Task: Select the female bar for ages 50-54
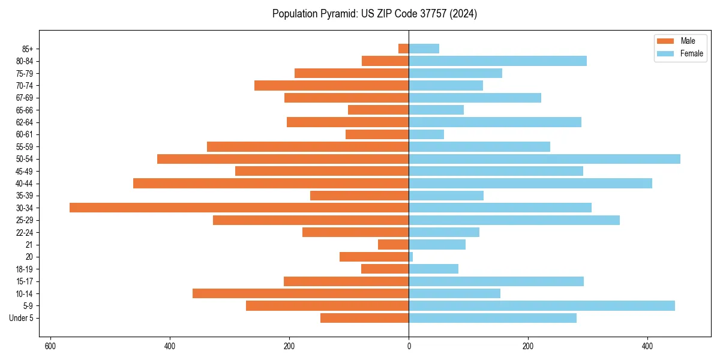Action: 544,159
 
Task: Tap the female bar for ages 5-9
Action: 542,306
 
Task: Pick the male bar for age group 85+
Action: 404,49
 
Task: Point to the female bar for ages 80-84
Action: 497,61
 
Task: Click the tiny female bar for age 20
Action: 411,257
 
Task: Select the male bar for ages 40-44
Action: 271,184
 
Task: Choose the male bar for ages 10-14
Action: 301,293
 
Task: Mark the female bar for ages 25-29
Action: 514,220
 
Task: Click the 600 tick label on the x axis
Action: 50,346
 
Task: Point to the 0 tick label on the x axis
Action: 409,346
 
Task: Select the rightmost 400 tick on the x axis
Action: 647,346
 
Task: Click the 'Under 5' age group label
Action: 21,318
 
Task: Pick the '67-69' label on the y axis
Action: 25,98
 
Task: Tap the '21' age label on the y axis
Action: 29,245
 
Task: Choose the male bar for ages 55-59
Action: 308,147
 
